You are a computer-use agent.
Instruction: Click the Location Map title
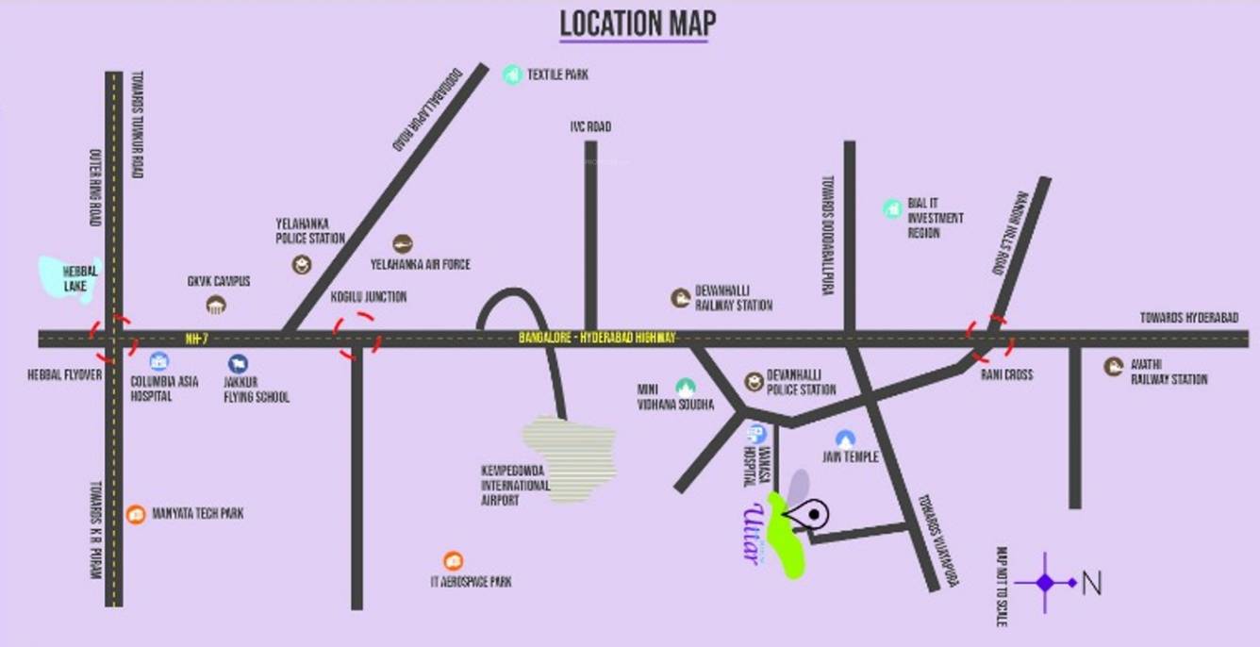pyautogui.click(x=638, y=24)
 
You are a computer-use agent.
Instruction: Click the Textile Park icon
pyautogui.click(x=512, y=74)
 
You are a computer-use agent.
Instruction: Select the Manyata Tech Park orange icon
pyautogui.click(x=136, y=514)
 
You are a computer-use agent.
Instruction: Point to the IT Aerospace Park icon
pyautogui.click(x=453, y=561)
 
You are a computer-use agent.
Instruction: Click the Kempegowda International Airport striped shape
pyautogui.click(x=571, y=458)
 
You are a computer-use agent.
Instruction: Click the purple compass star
pyautogui.click(x=1045, y=583)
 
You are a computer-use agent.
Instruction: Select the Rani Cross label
pyautogui.click(x=1006, y=374)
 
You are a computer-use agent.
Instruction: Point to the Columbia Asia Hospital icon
pyautogui.click(x=158, y=361)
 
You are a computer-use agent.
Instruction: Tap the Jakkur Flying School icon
pyautogui.click(x=238, y=363)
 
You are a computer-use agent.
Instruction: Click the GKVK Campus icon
pyautogui.click(x=217, y=304)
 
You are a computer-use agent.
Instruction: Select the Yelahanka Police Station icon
pyautogui.click(x=301, y=264)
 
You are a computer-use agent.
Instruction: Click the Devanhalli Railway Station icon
pyautogui.click(x=680, y=298)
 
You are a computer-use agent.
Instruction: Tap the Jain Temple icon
pyautogui.click(x=845, y=439)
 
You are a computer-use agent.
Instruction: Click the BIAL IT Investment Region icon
pyautogui.click(x=892, y=208)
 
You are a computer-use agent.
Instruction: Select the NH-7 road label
pyautogui.click(x=196, y=338)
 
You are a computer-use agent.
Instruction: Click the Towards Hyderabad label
pyautogui.click(x=1188, y=318)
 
